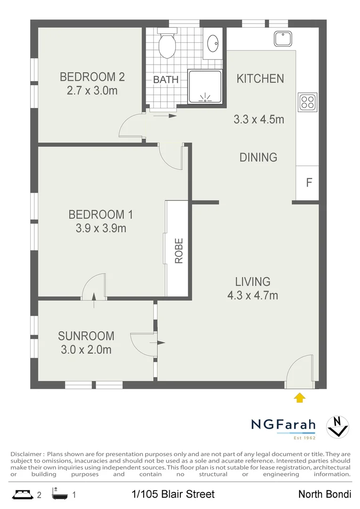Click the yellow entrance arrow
coord(299,398)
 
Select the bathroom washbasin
coord(213,42)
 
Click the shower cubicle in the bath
coord(205,87)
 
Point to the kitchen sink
coord(284,39)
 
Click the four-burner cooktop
coord(307,102)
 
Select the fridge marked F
coord(309,183)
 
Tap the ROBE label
coord(179,251)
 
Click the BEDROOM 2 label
coord(92,77)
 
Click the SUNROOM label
coord(86,336)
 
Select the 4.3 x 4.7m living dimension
coord(253,296)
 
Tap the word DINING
coord(258,157)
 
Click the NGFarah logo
coord(283,425)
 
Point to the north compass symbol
coord(337,426)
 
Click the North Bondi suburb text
coord(325,494)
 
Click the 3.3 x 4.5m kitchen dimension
coord(259,120)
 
